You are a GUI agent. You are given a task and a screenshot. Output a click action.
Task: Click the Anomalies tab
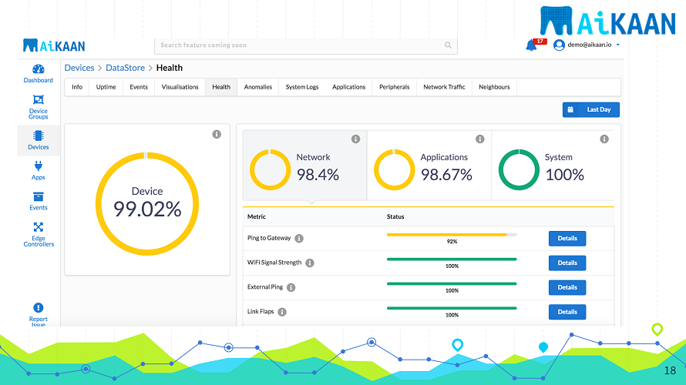click(258, 87)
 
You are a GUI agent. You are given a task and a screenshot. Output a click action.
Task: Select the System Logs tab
click(302, 87)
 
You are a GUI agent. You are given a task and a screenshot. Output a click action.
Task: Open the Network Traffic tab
click(444, 87)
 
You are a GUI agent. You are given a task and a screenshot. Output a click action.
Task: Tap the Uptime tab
click(106, 87)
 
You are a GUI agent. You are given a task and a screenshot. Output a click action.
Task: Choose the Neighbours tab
click(494, 87)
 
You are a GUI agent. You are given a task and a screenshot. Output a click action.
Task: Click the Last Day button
click(591, 110)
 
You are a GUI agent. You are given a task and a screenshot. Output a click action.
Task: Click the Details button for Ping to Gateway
click(567, 239)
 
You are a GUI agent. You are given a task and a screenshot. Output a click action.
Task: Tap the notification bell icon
click(531, 45)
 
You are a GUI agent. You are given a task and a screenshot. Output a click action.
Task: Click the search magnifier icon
click(449, 45)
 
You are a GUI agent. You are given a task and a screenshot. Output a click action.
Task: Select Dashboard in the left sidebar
click(39, 73)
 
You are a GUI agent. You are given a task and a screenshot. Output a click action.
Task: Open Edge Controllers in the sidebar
click(39, 234)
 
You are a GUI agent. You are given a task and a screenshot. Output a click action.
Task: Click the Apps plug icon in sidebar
click(39, 169)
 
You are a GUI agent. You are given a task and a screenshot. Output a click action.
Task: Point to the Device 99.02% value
click(147, 209)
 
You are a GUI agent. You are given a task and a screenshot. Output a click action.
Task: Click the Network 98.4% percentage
click(318, 175)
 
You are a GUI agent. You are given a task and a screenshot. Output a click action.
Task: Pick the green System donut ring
click(519, 169)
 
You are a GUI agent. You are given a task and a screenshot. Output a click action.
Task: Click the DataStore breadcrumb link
click(125, 68)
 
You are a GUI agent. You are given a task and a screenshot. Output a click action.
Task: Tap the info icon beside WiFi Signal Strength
click(310, 263)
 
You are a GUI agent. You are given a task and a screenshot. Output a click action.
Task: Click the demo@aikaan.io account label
click(590, 45)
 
